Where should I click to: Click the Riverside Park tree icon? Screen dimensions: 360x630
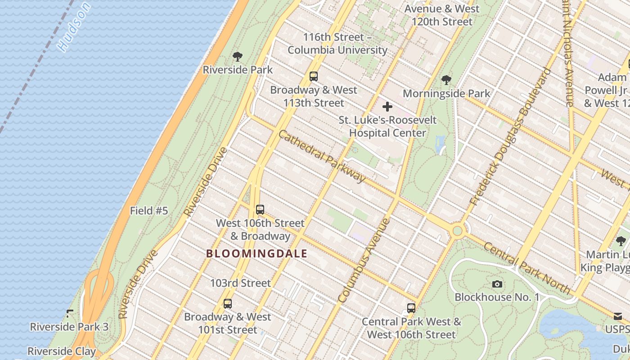(238, 57)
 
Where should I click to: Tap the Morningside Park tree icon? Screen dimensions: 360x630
(446, 80)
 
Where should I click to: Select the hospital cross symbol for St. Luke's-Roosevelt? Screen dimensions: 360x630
(387, 107)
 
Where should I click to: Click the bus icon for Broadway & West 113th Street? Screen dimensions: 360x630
(314, 76)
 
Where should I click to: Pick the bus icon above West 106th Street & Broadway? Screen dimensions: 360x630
(260, 210)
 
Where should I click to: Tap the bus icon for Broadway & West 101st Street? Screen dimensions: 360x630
(228, 304)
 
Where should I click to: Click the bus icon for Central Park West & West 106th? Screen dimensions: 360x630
(411, 308)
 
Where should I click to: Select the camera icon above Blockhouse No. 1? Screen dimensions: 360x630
(497, 284)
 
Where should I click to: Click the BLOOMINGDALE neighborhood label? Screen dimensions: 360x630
(256, 254)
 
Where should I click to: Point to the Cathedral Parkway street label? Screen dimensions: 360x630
(322, 156)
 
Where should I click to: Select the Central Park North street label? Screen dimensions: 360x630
(527, 268)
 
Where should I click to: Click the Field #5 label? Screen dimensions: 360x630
(149, 211)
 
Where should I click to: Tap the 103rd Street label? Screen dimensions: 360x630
(240, 283)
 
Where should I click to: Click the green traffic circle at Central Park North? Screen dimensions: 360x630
(458, 231)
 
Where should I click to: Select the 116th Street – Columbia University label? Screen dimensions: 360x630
(337, 44)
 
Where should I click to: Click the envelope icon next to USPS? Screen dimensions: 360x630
(618, 316)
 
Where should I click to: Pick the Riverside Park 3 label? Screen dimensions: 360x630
(69, 327)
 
